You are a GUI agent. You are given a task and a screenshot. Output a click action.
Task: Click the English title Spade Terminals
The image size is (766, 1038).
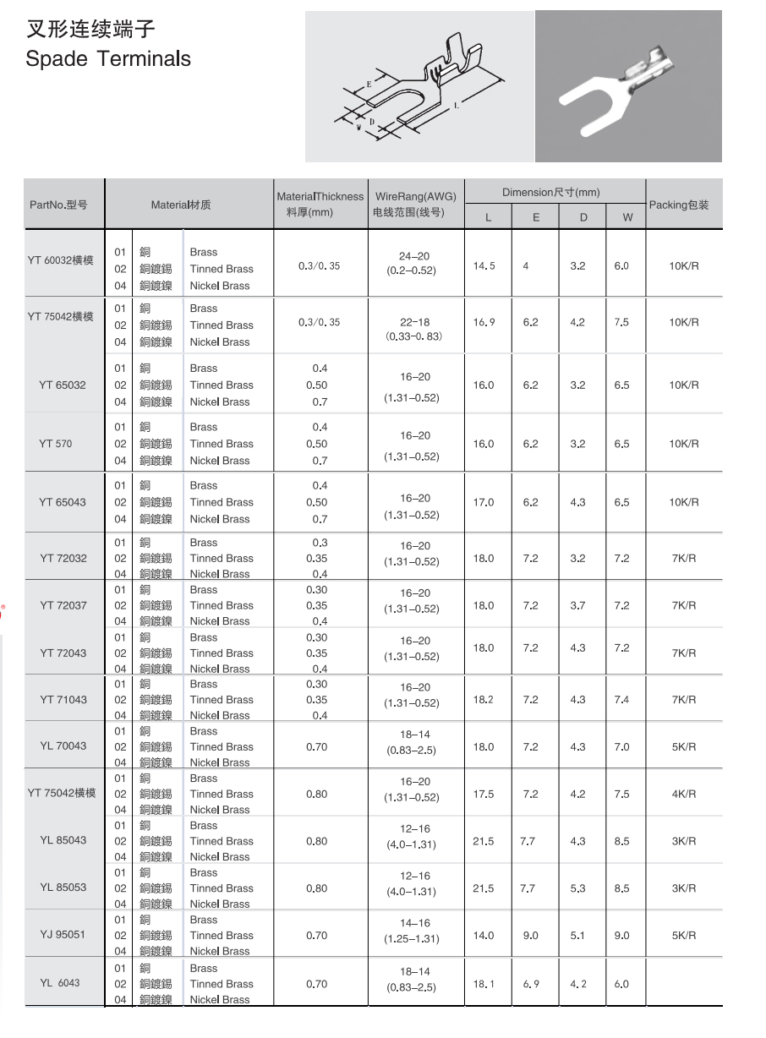point(108,59)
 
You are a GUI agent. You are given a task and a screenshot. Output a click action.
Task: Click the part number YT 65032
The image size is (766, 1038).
point(63,385)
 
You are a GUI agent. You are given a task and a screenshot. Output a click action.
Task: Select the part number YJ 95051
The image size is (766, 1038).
point(63,935)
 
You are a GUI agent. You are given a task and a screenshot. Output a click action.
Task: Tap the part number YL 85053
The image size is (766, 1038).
point(63,888)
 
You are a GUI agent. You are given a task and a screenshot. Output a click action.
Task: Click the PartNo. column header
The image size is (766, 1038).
point(58,205)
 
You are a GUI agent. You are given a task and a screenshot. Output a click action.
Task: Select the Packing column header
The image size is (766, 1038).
point(679,205)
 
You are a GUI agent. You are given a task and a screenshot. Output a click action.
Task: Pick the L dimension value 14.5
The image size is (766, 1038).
point(484,266)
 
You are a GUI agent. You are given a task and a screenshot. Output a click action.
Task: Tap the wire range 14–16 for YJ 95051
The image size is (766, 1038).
point(415,924)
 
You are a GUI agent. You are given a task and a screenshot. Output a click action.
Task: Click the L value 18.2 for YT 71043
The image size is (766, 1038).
point(484,700)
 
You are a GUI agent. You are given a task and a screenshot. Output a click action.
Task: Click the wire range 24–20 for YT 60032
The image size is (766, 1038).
point(415,255)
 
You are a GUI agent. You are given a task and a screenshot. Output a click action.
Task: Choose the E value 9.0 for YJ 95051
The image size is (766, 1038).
point(530,936)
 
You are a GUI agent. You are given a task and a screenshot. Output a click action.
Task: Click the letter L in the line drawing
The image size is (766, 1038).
point(457,106)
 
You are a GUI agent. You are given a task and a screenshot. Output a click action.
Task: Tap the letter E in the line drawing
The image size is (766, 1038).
point(369,85)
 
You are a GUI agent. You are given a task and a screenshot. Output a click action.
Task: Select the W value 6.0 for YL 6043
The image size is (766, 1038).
point(621,984)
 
